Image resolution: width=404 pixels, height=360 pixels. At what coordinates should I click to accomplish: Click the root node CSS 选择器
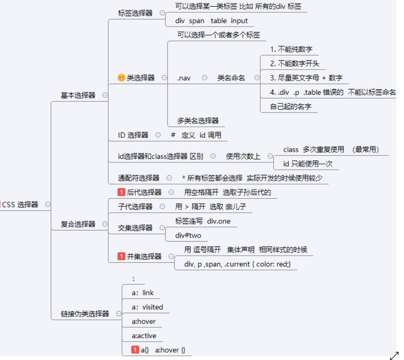(20, 204)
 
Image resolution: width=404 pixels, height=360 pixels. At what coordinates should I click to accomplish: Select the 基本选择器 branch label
(78, 95)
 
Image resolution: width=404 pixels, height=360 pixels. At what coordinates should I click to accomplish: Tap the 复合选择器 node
(78, 224)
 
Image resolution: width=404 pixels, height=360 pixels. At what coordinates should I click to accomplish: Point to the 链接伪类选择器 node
(84, 314)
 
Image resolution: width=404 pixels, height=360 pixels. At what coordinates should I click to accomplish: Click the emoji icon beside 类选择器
(121, 77)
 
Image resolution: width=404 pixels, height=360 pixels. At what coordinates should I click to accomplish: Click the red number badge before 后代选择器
(121, 192)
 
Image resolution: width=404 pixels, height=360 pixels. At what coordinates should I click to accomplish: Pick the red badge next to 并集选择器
(121, 257)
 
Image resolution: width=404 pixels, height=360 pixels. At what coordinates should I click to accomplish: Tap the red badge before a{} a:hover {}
(135, 350)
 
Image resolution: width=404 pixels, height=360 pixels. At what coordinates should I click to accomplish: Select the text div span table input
(211, 21)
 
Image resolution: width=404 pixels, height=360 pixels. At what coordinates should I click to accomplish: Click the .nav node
(183, 78)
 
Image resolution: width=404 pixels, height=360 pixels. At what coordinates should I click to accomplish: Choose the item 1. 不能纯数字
(291, 49)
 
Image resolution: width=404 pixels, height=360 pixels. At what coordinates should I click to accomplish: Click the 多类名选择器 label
(198, 120)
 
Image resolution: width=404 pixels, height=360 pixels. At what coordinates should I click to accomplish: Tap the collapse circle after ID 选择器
(158, 135)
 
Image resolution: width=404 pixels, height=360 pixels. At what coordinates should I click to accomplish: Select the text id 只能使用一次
(307, 164)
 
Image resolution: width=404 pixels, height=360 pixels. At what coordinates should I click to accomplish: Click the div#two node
(188, 235)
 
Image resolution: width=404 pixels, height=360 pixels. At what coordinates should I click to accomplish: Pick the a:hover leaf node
(144, 321)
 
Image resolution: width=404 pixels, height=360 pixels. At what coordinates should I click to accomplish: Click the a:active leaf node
(144, 336)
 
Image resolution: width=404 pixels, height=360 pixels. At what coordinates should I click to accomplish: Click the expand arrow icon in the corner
(394, 356)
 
